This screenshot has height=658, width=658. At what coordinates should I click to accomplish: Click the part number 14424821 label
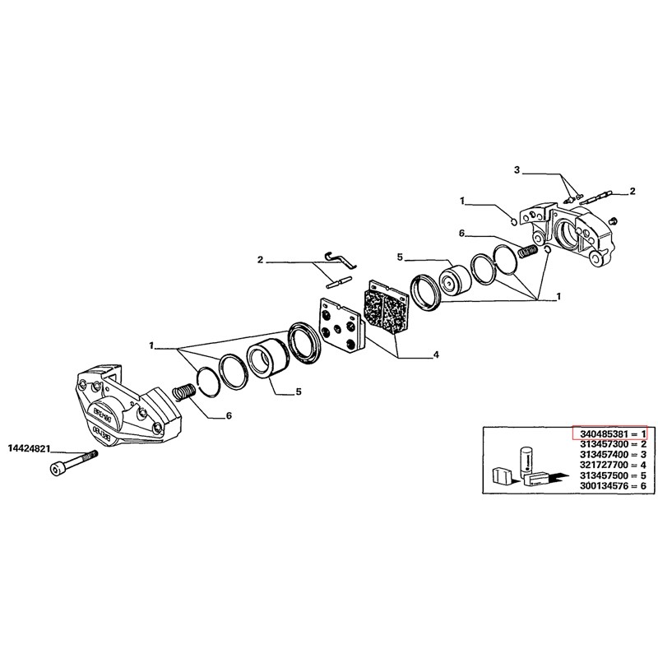click(x=29, y=449)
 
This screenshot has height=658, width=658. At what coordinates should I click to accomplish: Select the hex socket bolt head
click(x=58, y=469)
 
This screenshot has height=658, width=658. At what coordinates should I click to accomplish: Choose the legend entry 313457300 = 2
click(x=613, y=444)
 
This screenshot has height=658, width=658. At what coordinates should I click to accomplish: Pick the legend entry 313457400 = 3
click(x=613, y=455)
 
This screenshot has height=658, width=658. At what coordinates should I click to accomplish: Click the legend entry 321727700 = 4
click(x=613, y=465)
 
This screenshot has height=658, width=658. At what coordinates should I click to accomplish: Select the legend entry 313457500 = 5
click(x=613, y=475)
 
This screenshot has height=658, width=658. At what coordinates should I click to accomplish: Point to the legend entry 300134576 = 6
click(x=613, y=486)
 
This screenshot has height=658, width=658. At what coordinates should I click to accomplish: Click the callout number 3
click(x=517, y=170)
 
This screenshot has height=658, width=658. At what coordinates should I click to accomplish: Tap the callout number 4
click(x=436, y=355)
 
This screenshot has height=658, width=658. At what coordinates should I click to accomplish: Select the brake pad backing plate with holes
click(x=339, y=324)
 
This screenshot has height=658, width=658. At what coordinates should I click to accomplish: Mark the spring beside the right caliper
click(x=528, y=251)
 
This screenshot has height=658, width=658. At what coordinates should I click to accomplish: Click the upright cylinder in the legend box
click(x=526, y=461)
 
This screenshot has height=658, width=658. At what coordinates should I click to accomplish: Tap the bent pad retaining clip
click(x=341, y=261)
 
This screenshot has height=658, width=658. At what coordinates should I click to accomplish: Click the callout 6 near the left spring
click(x=229, y=415)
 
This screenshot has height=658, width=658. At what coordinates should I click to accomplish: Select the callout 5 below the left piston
click(x=299, y=392)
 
